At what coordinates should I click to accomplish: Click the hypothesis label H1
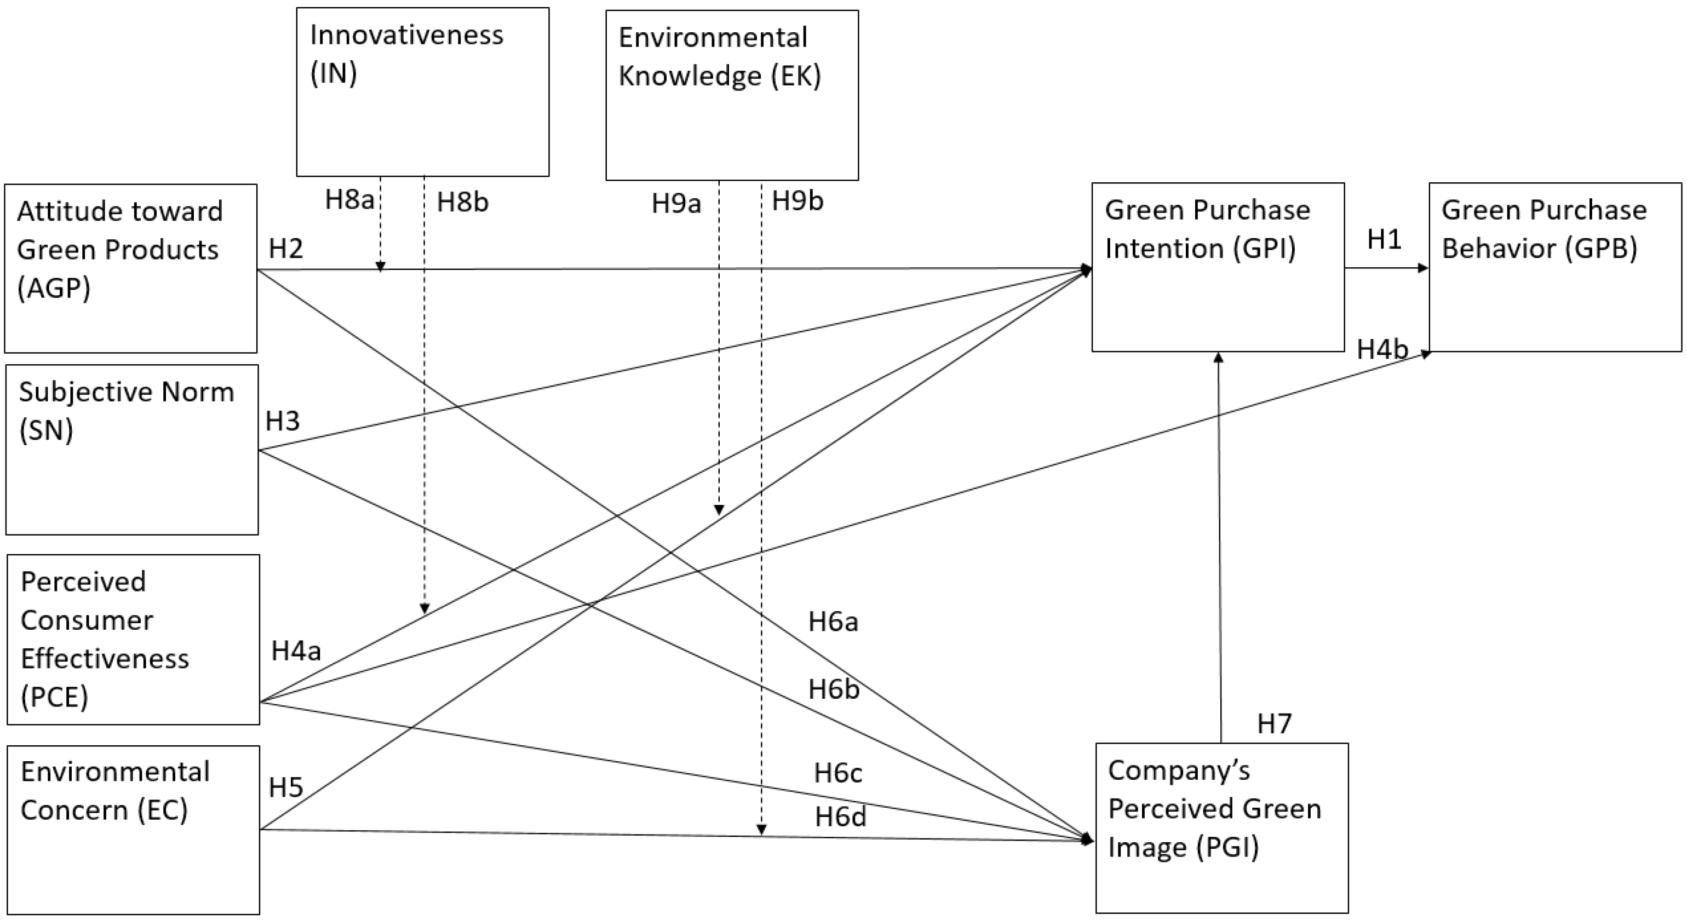tap(1384, 240)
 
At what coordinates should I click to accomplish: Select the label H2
tap(285, 249)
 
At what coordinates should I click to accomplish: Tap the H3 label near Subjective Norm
tap(282, 422)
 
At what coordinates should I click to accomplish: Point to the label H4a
tap(296, 651)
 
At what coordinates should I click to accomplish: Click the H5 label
tap(285, 787)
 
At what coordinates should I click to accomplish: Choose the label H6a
tap(833, 622)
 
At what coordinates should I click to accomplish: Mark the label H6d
tap(840, 817)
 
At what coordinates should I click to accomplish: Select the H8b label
tap(462, 202)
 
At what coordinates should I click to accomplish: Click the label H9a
tap(676, 204)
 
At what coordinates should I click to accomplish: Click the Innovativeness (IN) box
tap(422, 91)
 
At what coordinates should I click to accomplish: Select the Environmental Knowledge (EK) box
tap(732, 95)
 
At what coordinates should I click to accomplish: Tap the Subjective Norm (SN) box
tap(131, 450)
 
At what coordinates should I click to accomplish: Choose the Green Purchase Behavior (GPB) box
tap(1554, 267)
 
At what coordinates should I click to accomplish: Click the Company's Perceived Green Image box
tap(1221, 827)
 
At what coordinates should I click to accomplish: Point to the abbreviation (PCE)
tap(54, 697)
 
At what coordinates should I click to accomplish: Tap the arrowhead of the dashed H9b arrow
tap(761, 830)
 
